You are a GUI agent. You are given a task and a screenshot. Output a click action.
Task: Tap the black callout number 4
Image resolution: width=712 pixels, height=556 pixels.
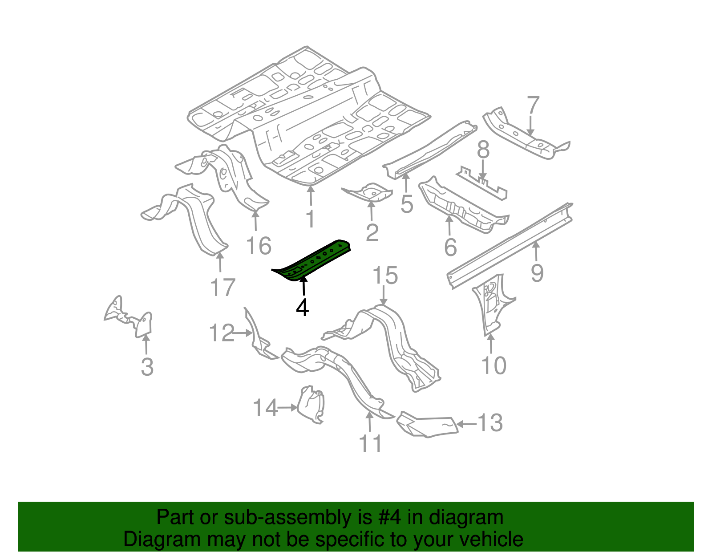coord(303,308)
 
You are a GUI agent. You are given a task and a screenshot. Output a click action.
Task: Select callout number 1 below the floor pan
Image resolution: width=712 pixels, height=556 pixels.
coord(311,219)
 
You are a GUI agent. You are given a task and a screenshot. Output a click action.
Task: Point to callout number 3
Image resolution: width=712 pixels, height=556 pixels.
coord(147,367)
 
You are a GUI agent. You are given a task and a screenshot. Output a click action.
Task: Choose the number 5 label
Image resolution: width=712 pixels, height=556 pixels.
coord(407,204)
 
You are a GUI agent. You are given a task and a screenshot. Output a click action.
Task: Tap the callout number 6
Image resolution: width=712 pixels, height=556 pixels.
coord(450,247)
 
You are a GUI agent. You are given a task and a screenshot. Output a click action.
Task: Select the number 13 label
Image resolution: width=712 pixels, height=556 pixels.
coord(490,423)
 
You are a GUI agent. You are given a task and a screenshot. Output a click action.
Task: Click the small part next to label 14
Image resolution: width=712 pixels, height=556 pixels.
coord(311,405)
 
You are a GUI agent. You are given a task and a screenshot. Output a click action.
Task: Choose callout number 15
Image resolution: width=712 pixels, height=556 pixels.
coord(385,276)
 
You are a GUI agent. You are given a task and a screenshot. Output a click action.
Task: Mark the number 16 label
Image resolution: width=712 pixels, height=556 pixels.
coord(259,246)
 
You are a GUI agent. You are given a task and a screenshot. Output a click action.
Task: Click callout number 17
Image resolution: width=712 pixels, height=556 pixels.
coord(222,288)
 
